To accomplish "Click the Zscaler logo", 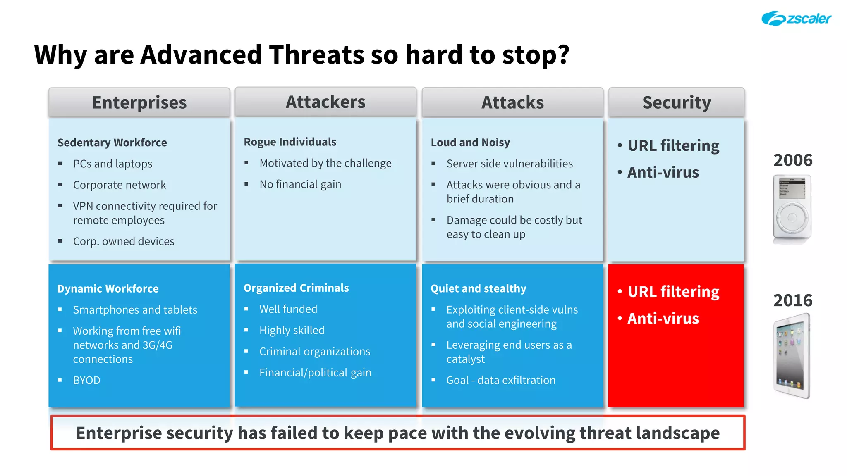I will click(796, 19).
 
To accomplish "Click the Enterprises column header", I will click(139, 102).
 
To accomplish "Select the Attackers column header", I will click(325, 102).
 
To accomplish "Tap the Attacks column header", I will click(512, 102).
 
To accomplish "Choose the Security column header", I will click(676, 102).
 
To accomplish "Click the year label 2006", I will click(793, 160).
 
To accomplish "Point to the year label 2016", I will click(793, 300).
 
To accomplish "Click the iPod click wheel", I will click(792, 218).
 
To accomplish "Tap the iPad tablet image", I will click(792, 356).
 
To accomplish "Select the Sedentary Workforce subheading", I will click(112, 143).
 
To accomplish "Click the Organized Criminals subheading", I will click(296, 288).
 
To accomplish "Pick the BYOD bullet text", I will click(86, 380).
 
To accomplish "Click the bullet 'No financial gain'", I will click(300, 184).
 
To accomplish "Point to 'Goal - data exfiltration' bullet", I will click(501, 380).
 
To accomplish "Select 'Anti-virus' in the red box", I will click(663, 319).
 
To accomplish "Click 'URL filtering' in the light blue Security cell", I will click(673, 146).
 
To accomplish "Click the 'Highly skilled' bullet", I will click(292, 330).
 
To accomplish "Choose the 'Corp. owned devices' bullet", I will click(124, 241).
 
